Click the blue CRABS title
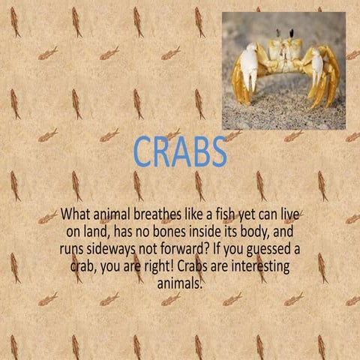[x=180, y=151]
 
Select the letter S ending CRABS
[x=216, y=151]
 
